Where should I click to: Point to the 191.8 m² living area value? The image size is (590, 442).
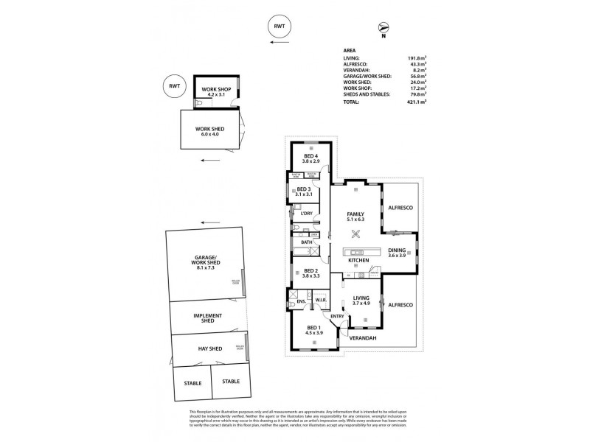tap(417, 57)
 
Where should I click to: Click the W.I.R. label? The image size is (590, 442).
tap(322, 300)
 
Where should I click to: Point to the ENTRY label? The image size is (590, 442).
tap(338, 317)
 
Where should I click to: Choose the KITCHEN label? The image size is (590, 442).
tap(358, 261)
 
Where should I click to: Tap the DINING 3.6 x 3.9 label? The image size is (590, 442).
tap(398, 252)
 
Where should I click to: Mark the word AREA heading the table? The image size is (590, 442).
tap(349, 51)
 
